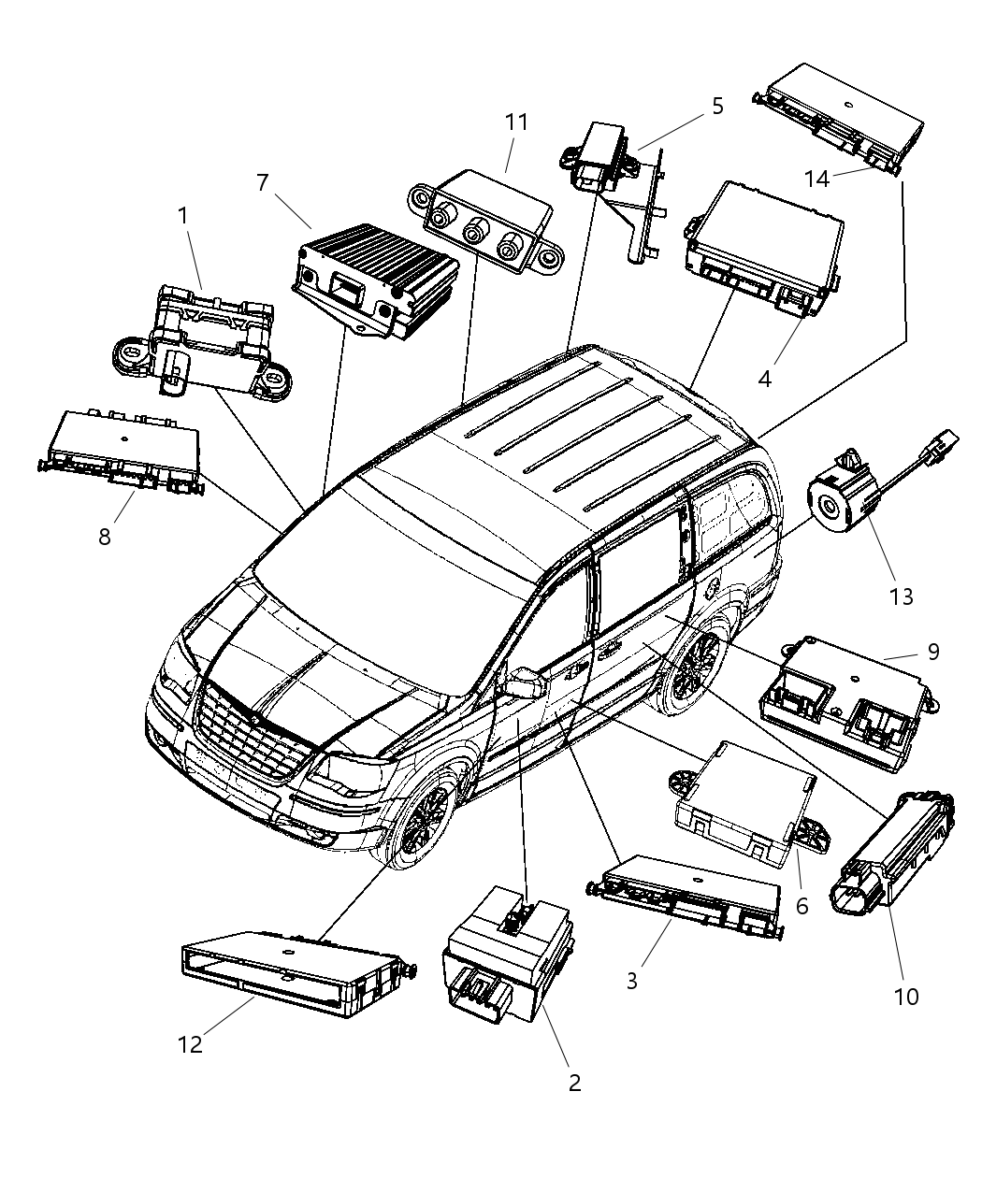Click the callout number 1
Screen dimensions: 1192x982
click(183, 216)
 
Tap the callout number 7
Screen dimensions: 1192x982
click(263, 183)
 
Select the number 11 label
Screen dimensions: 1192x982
click(516, 122)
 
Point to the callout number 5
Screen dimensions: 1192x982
click(717, 106)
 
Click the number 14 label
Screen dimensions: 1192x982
click(816, 179)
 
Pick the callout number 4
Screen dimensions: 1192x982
click(764, 380)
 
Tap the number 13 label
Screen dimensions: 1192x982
click(901, 596)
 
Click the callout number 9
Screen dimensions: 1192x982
click(932, 652)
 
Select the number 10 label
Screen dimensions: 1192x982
click(906, 997)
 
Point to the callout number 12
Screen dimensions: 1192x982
click(190, 1044)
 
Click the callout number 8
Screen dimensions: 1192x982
click(105, 537)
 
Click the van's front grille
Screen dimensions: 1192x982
click(253, 739)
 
